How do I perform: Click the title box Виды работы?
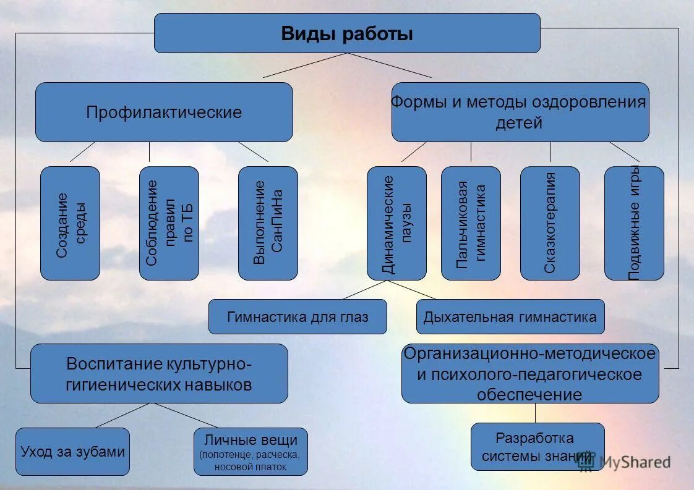click(346, 33)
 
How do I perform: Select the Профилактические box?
click(164, 112)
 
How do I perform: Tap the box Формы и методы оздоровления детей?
click(520, 112)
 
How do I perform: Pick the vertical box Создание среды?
click(70, 223)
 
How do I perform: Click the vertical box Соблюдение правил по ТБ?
click(169, 223)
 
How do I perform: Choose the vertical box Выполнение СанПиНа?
click(268, 223)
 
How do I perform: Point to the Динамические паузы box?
click(396, 223)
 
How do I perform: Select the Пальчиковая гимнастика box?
click(471, 223)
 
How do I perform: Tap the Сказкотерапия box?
click(550, 223)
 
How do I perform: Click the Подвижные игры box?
click(634, 223)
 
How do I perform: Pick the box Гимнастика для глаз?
click(298, 317)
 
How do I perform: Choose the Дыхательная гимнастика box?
click(510, 317)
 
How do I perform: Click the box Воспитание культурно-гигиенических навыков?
click(159, 374)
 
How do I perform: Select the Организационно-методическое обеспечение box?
click(530, 374)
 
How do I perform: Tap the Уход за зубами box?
click(72, 452)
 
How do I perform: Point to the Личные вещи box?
click(251, 452)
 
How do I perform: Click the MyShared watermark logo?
click(625, 462)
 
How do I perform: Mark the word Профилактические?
click(164, 112)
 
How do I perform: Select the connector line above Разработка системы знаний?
click(536, 413)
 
